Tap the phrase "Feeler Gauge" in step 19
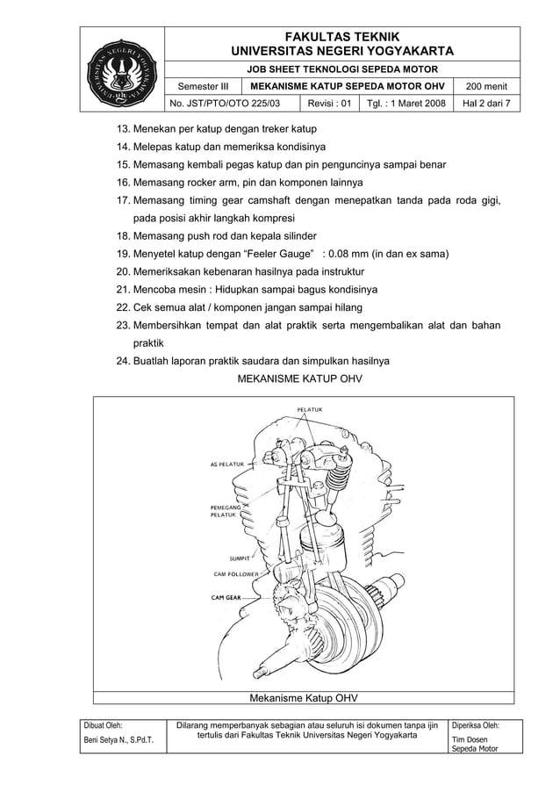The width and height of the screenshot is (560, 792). (272, 255)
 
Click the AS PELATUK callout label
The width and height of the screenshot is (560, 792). (226, 464)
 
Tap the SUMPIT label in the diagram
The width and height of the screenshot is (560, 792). (241, 558)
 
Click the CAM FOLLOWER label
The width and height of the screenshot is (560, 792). (236, 574)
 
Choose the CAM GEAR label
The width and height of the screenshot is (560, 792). (226, 597)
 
